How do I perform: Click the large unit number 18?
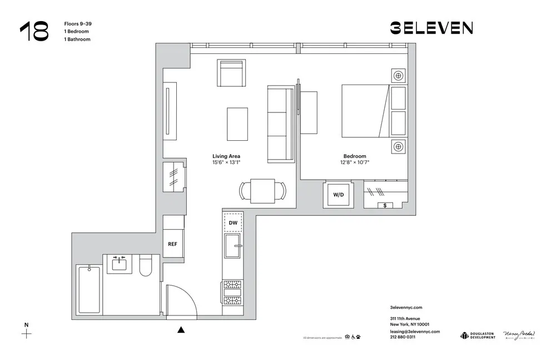coord(34,32)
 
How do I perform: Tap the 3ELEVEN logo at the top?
coord(431,28)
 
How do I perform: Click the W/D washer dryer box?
coord(338,195)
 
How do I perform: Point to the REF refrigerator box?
coord(173,243)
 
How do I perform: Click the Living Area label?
coord(226,156)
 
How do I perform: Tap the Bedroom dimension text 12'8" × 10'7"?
coord(355,163)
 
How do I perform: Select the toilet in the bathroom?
coord(146,267)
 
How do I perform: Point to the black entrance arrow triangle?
coord(181,330)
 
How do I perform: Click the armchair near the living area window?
coord(231,74)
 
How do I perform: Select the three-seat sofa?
coord(280,124)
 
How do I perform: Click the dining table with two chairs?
coord(262,191)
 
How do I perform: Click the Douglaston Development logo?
coord(478,335)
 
